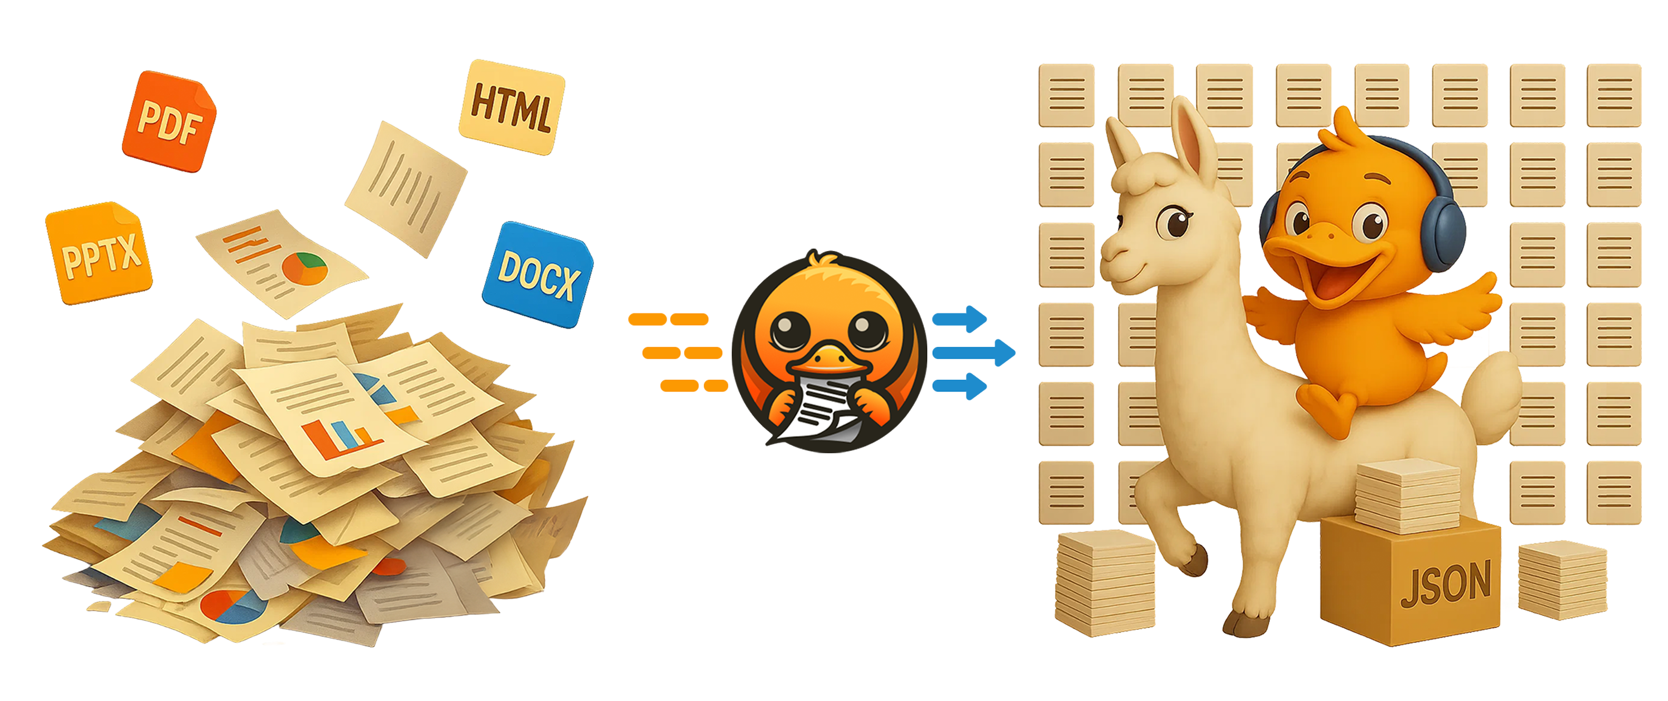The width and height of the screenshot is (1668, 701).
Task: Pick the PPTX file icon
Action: [99, 253]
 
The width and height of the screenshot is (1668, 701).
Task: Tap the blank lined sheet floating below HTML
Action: [406, 188]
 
